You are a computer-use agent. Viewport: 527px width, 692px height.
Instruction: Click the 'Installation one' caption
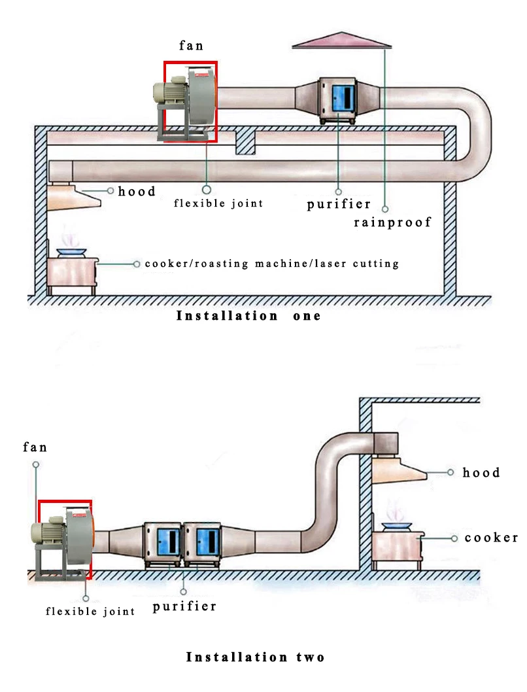[x=248, y=316]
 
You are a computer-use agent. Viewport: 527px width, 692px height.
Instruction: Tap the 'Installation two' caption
[x=256, y=657]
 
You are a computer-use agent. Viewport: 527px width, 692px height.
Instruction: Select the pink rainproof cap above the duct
[x=342, y=40]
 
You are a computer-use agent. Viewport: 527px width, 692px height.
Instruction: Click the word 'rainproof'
[x=392, y=222]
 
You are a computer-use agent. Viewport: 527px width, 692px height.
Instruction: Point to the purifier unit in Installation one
[x=337, y=101]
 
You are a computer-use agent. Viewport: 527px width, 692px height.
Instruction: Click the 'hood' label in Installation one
[x=137, y=191]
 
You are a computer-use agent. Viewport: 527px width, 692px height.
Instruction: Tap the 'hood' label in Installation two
[x=481, y=473]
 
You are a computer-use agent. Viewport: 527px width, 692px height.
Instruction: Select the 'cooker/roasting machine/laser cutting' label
[x=271, y=264]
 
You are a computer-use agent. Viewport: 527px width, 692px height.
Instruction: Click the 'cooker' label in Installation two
[x=491, y=538]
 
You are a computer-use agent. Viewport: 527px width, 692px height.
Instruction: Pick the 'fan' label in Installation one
[x=191, y=45]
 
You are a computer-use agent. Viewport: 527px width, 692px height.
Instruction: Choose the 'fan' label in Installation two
[x=35, y=447]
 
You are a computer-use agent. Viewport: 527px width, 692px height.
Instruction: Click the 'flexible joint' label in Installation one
[x=218, y=203]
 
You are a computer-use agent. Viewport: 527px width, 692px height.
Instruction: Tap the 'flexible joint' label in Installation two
[x=90, y=612]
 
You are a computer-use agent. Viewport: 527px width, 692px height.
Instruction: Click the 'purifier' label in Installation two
[x=184, y=607]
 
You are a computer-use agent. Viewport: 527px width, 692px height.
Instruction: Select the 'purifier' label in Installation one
[x=339, y=204]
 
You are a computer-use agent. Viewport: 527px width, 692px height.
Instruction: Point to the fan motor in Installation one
[x=170, y=91]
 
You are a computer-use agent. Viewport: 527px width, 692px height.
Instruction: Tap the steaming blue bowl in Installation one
[x=71, y=252]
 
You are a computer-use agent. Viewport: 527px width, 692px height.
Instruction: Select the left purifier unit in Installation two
[x=163, y=545]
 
